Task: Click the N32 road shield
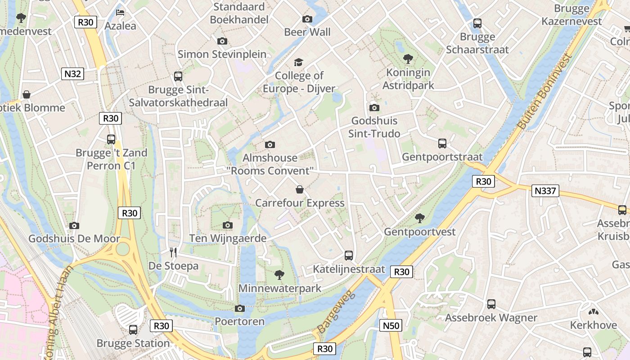(x=72, y=74)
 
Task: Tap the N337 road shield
(x=545, y=191)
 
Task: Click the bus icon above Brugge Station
(x=133, y=329)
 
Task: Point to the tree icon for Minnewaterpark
(x=279, y=274)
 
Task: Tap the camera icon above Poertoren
(x=240, y=308)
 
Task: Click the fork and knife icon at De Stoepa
(x=173, y=252)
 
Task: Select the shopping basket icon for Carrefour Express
(x=300, y=189)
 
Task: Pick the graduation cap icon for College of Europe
(x=299, y=62)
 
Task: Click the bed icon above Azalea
(x=120, y=12)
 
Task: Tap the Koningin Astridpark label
(x=408, y=79)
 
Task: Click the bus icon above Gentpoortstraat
(x=442, y=144)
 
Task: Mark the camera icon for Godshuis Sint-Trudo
(x=374, y=108)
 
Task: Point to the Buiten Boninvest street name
(x=545, y=91)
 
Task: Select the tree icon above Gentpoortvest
(x=420, y=218)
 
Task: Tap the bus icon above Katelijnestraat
(x=349, y=256)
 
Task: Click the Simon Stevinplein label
(x=222, y=54)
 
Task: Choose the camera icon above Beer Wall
(x=307, y=19)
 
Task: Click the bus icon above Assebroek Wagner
(x=491, y=304)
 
